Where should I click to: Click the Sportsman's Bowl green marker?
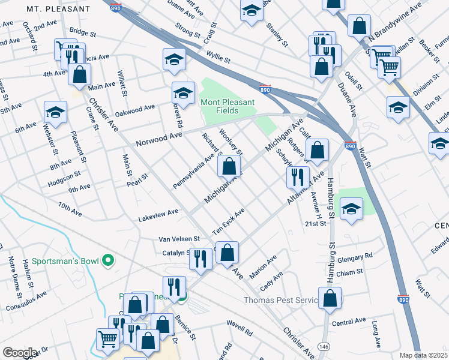[108, 260]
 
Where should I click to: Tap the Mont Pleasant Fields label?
[228, 106]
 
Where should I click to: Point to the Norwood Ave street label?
[158, 139]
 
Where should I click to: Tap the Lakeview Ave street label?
[158, 212]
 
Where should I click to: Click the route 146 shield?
[324, 347]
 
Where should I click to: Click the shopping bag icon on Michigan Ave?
[229, 167]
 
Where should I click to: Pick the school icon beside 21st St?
[351, 209]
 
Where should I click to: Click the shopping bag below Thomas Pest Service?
[330, 298]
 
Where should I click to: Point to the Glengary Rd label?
[355, 257]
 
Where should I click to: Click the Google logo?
[19, 353]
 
